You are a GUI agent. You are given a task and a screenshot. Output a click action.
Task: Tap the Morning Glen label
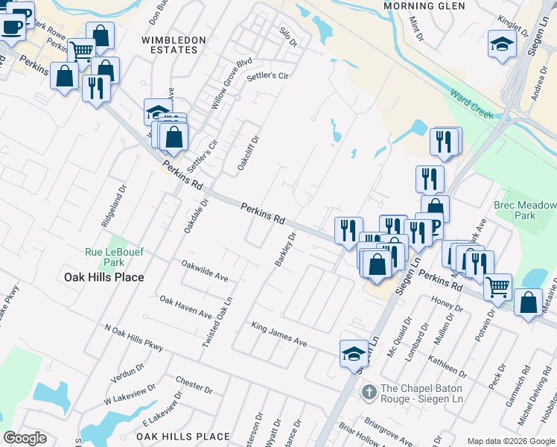(418, 6)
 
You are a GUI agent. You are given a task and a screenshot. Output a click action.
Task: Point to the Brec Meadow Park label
(525, 210)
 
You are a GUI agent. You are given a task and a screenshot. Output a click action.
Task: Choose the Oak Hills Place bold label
(104, 277)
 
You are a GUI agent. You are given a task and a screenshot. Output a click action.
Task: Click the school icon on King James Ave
(354, 352)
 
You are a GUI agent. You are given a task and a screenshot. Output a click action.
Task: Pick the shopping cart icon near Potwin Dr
(497, 285)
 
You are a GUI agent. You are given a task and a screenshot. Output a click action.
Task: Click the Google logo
(25, 438)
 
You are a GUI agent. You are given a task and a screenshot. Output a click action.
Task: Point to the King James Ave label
(279, 334)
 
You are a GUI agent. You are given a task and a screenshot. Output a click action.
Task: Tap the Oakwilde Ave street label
(205, 270)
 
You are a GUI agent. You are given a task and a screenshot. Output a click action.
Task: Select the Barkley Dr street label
(285, 251)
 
